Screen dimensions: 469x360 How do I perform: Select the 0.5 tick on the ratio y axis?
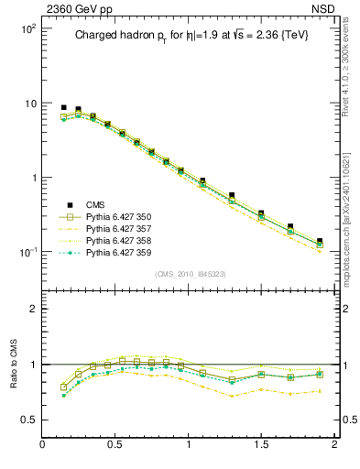coord(27,420)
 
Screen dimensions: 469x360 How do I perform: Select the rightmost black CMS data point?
coord(320,242)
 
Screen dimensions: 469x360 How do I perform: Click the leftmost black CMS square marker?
coord(64,107)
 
